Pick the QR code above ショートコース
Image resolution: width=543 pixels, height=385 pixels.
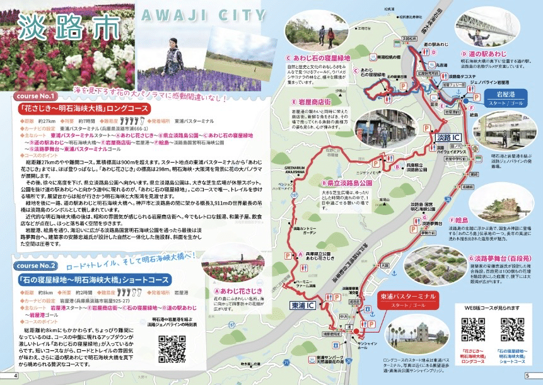(511, 330)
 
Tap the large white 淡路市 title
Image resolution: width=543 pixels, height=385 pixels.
(60, 28)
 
